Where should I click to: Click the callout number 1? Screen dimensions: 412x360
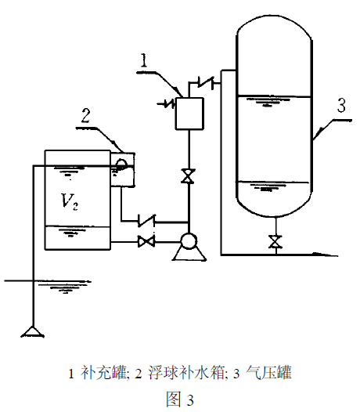144,60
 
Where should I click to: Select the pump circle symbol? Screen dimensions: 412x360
189,242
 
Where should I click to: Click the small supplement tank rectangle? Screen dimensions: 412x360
188,112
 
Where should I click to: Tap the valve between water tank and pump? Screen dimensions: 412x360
146,242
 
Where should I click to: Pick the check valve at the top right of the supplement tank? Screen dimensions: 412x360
207,81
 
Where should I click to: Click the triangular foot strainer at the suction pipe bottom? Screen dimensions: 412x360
32,330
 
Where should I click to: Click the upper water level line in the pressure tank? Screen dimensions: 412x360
275,97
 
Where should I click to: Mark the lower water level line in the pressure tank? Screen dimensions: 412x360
275,183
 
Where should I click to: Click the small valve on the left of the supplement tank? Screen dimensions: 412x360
169,102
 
